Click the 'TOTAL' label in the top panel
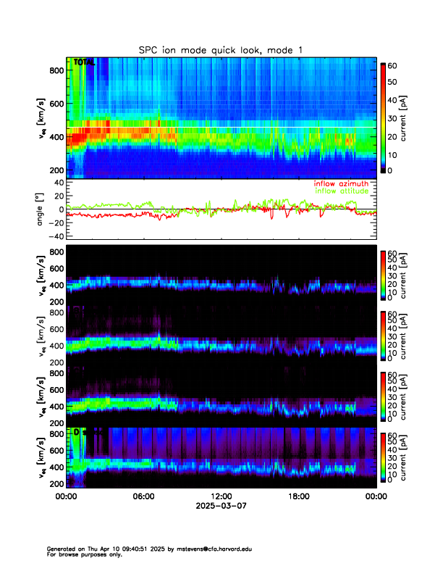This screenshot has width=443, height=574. coord(84,62)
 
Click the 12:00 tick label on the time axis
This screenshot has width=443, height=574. coord(221,496)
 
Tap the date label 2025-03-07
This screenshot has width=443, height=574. coord(221,505)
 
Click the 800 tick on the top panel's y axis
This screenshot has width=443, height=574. coord(55,70)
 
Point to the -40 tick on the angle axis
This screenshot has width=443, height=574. coord(55,236)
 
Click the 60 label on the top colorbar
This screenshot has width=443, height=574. coord(392,65)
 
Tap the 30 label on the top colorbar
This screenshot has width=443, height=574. coord(392,117)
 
